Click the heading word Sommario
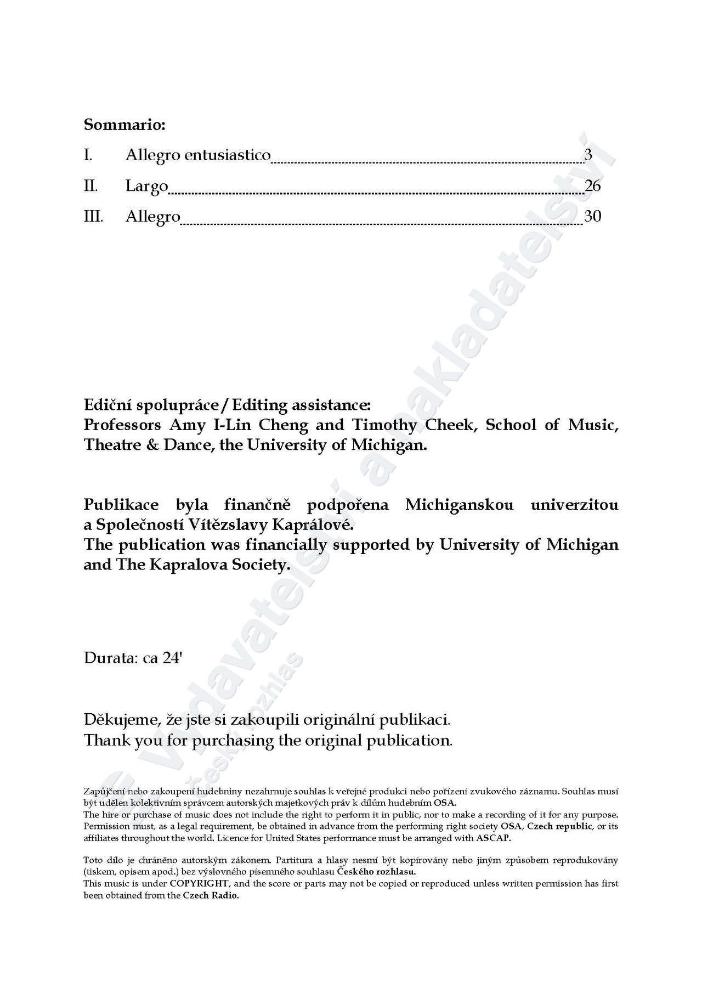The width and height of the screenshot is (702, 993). [124, 125]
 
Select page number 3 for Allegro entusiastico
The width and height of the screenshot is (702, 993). [588, 155]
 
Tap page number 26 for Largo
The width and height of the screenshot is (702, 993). [593, 186]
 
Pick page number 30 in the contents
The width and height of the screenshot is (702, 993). [593, 216]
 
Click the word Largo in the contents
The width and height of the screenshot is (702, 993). [146, 187]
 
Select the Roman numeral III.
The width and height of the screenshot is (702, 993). [93, 216]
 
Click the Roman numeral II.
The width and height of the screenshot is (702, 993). [90, 186]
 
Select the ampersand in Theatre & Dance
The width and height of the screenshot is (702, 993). [151, 444]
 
